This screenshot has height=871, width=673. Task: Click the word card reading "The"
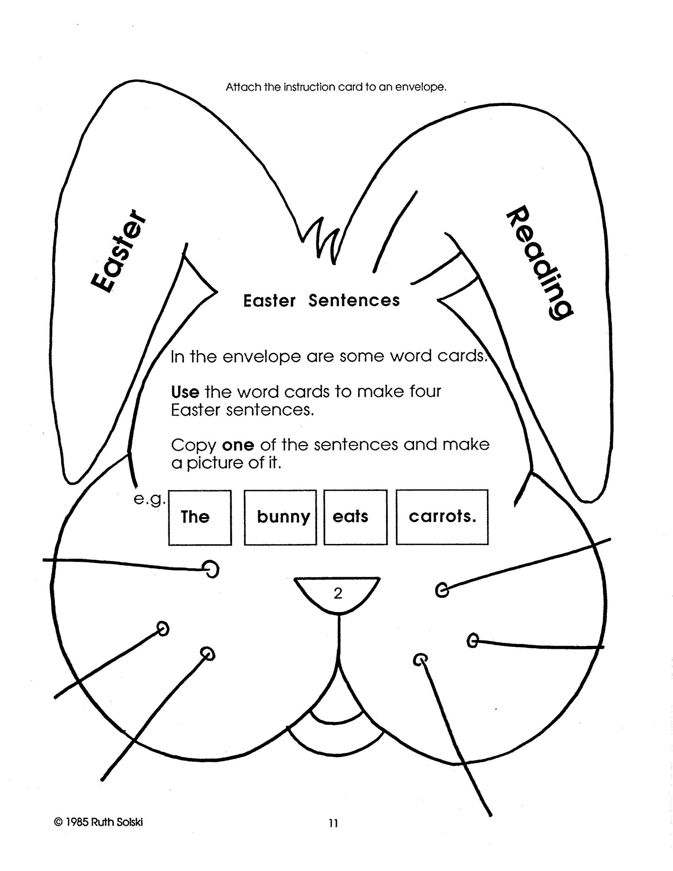[x=200, y=517]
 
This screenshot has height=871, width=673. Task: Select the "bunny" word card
[x=280, y=517]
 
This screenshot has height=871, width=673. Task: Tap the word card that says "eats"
[x=355, y=517]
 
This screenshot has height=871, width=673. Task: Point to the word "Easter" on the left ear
[x=118, y=251]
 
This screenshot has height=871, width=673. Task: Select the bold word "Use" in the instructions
[x=185, y=392]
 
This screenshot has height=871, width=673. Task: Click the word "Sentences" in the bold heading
[x=354, y=301]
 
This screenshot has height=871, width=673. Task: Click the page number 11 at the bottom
[x=333, y=823]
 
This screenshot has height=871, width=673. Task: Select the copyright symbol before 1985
[x=58, y=822]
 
